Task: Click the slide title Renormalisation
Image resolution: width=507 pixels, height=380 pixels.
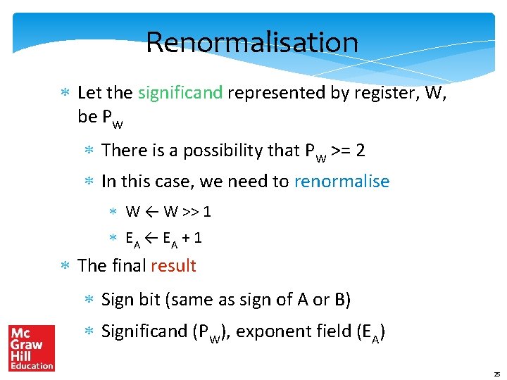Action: coord(252,42)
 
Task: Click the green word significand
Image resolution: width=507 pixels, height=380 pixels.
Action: coord(180,93)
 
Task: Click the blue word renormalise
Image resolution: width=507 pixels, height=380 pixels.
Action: coord(342,182)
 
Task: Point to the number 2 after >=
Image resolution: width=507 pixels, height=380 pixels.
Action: coord(360,151)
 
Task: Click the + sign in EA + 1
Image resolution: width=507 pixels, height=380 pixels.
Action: coord(186,238)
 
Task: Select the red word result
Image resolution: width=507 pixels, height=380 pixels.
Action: coord(173,266)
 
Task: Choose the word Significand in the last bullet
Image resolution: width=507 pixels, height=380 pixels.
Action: coord(144,331)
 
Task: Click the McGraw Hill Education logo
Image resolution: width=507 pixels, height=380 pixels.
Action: coord(32,348)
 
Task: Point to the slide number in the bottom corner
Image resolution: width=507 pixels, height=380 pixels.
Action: coord(496,374)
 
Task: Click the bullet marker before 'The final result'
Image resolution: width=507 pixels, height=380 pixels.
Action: coord(64,266)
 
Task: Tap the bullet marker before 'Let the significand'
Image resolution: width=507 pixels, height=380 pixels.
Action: coord(64,93)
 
